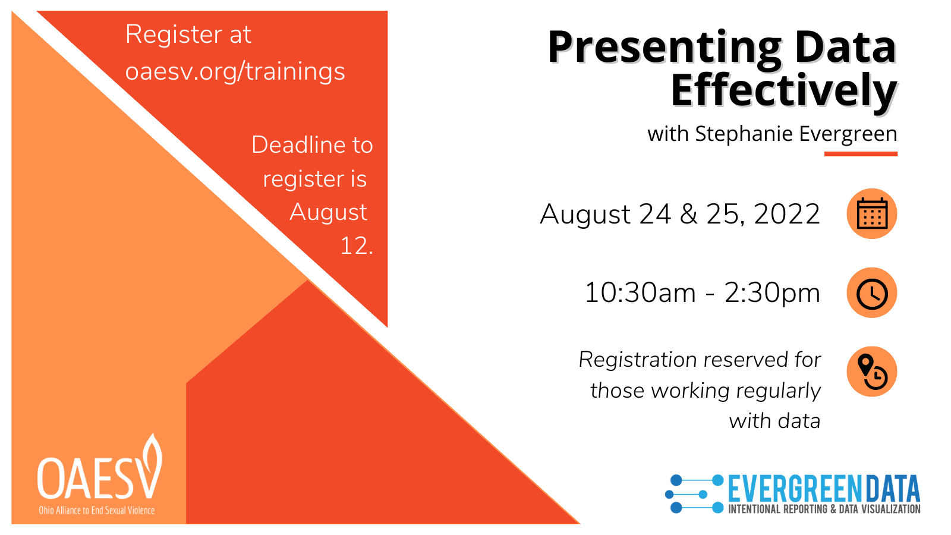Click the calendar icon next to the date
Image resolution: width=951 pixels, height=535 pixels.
(871, 213)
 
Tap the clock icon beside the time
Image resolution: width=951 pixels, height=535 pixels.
(871, 293)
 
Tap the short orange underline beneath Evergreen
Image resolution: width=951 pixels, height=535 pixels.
(861, 154)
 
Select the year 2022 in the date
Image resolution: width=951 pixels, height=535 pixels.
(787, 214)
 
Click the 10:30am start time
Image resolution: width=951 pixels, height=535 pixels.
(640, 293)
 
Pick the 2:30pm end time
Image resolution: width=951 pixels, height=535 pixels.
(772, 293)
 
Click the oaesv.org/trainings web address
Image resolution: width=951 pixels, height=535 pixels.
(235, 71)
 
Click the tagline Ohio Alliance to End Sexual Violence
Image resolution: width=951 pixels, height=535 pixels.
(97, 511)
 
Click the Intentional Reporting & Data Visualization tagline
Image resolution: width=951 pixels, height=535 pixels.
(824, 509)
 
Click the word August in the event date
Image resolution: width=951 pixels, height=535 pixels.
(585, 215)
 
